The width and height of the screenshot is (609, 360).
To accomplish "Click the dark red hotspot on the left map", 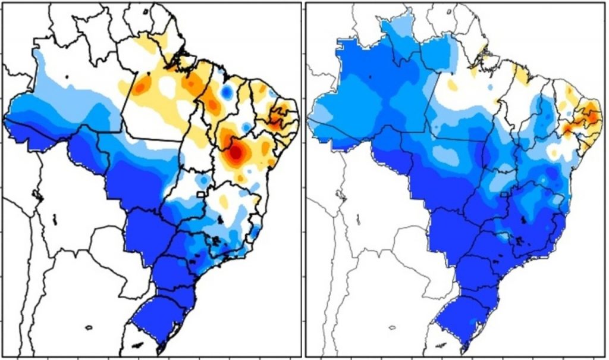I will [236, 152].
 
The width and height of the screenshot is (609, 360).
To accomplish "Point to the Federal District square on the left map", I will [202, 194].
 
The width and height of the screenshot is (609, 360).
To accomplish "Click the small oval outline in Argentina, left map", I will [89, 327].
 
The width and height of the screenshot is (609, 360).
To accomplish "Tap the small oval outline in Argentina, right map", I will [391, 327].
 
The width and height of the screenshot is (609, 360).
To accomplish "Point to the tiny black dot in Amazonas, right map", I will [371, 76].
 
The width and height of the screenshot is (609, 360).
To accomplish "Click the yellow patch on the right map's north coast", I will [522, 74].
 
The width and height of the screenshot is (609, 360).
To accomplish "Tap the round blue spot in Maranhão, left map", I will [226, 92].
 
